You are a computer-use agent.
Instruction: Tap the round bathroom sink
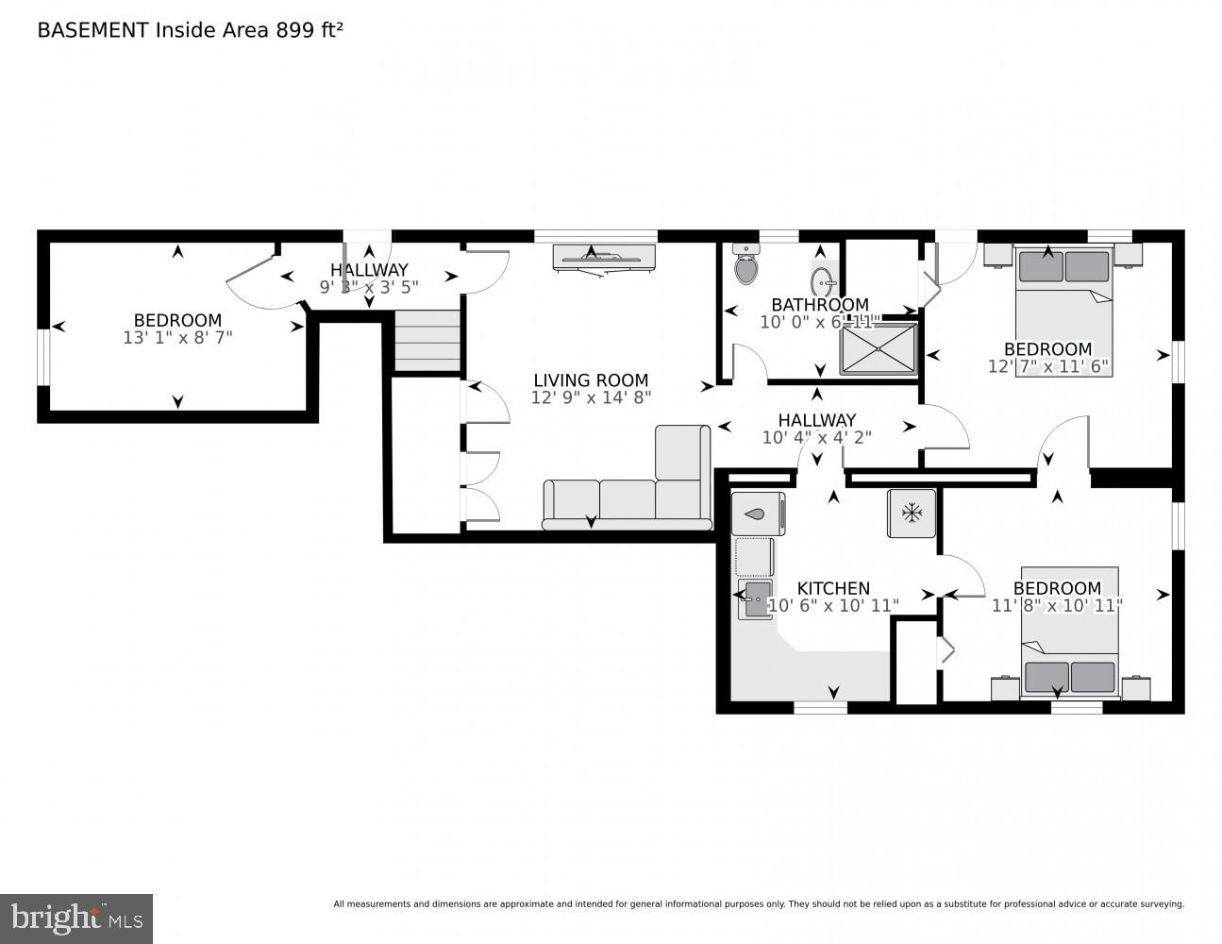pos(822,281)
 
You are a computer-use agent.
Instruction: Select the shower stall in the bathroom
pos(878,348)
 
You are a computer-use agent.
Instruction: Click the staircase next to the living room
pos(427,341)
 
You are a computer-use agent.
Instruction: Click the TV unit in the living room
pos(603,256)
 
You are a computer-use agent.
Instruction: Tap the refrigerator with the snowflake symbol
pos(912,513)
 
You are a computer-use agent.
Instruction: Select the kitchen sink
pos(757,599)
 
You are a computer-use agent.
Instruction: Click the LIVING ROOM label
pos(591,380)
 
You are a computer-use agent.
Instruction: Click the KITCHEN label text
pos(833,588)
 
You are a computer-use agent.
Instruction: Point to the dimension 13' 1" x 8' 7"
pos(177,337)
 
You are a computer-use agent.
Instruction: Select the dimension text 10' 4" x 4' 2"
pos(817,437)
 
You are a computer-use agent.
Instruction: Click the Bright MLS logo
pos(76,919)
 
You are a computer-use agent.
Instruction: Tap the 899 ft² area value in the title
pos(309,30)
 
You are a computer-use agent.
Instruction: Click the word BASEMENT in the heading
pos(92,30)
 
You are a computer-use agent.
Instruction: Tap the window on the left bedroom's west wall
pos(42,357)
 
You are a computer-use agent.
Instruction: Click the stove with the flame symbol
pos(757,514)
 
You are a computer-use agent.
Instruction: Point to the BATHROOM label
pos(819,305)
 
